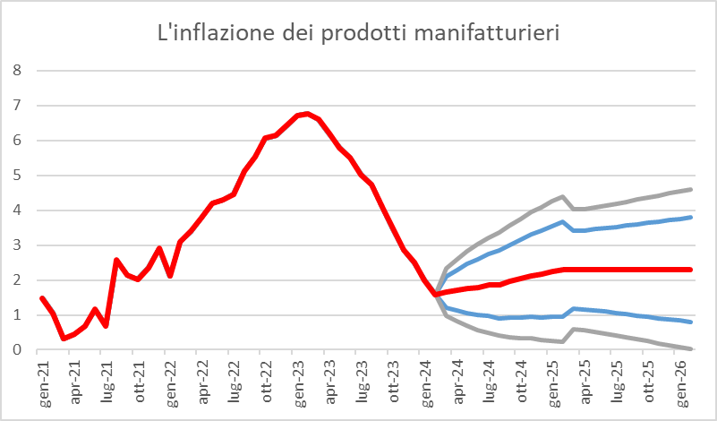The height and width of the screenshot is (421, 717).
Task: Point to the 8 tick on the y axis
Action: pos(16,71)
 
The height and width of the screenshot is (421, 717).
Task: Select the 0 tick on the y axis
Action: pos(16,350)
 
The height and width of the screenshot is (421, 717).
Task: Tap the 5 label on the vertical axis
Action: pos(16,176)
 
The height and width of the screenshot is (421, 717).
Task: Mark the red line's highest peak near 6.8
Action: pos(307,114)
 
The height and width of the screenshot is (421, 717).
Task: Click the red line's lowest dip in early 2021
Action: pos(64,338)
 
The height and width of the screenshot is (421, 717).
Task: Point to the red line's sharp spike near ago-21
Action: pos(116,260)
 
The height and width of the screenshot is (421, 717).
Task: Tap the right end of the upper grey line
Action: pos(690,189)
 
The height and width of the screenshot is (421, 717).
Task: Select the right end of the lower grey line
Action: pos(690,348)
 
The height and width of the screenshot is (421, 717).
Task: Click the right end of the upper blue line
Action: pos(690,217)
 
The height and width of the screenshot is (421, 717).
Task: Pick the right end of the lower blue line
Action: pos(690,322)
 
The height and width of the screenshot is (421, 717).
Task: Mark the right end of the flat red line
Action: pos(690,270)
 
